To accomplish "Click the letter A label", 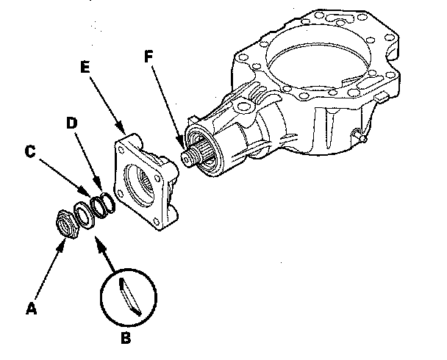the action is [x=30, y=309].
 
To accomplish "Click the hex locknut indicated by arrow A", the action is [x=68, y=223].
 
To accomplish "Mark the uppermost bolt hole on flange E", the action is [x=132, y=137].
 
